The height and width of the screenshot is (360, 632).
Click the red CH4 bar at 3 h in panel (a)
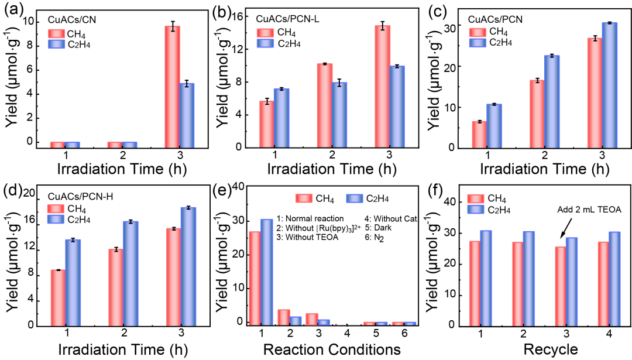[x=172, y=85]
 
